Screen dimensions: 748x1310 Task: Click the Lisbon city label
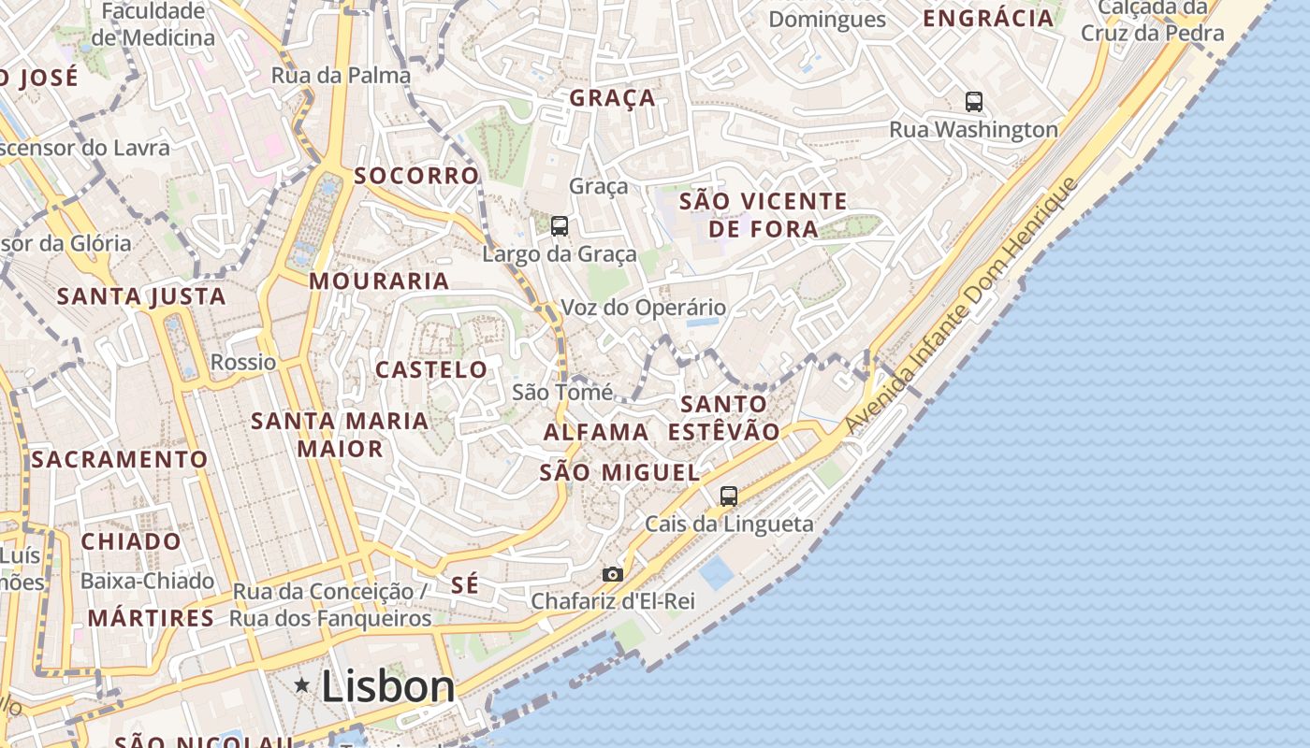[x=387, y=686]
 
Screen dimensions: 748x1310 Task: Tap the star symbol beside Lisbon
[x=302, y=685]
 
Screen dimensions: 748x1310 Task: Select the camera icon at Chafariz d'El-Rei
[x=613, y=574]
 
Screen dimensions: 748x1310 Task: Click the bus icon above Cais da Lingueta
[x=729, y=496]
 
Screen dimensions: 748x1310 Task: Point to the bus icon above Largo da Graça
[x=560, y=225]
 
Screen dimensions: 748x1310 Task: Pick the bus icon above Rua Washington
[x=974, y=101]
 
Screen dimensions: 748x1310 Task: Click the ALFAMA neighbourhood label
[x=596, y=432]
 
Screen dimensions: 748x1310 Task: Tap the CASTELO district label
[x=431, y=369]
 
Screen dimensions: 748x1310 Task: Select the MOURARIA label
[x=379, y=280]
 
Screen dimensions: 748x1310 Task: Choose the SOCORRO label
[x=416, y=175]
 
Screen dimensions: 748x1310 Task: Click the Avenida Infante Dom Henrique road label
[x=962, y=305]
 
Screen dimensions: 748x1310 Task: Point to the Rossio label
[x=243, y=362]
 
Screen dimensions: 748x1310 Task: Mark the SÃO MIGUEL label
[x=619, y=472]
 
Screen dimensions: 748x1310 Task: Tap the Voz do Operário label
[x=643, y=307]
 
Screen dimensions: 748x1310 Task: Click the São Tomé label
[x=562, y=392]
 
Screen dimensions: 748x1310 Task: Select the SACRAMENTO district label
[x=119, y=459]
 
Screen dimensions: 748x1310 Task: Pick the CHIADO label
[x=131, y=541]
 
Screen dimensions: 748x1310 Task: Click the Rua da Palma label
[x=341, y=75]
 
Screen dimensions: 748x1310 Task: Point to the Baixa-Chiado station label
[x=147, y=581]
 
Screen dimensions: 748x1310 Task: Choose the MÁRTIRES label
[x=151, y=618]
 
